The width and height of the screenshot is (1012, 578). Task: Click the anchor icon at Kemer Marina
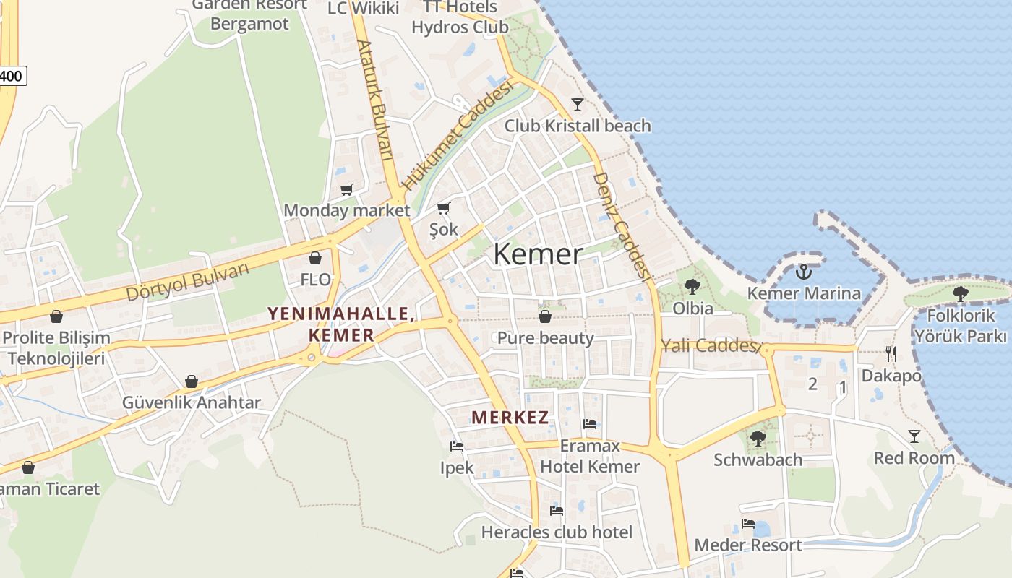click(x=803, y=272)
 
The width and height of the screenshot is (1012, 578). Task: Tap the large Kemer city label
click(x=538, y=254)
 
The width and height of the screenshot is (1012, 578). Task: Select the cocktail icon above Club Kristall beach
click(x=577, y=105)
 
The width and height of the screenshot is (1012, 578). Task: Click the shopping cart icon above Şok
click(x=443, y=209)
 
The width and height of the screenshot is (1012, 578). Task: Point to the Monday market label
click(x=346, y=210)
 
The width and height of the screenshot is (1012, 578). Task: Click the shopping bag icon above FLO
click(x=315, y=258)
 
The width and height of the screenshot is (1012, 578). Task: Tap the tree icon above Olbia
click(x=692, y=287)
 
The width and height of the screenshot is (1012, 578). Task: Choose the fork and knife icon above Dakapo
click(x=891, y=354)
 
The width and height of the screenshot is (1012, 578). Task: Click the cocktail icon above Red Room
click(x=914, y=436)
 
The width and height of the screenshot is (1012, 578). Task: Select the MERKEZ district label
click(x=510, y=417)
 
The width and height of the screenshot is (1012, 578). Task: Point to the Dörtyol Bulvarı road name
click(x=187, y=282)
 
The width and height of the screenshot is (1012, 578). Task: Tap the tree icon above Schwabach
click(x=758, y=438)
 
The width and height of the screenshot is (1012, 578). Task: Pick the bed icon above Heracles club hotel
click(x=556, y=510)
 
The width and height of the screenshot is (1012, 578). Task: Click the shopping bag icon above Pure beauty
click(x=545, y=316)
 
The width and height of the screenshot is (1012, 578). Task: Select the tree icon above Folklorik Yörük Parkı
click(x=960, y=293)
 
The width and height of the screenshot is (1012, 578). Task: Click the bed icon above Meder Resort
click(x=747, y=524)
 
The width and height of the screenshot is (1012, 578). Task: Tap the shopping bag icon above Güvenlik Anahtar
click(x=191, y=381)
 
